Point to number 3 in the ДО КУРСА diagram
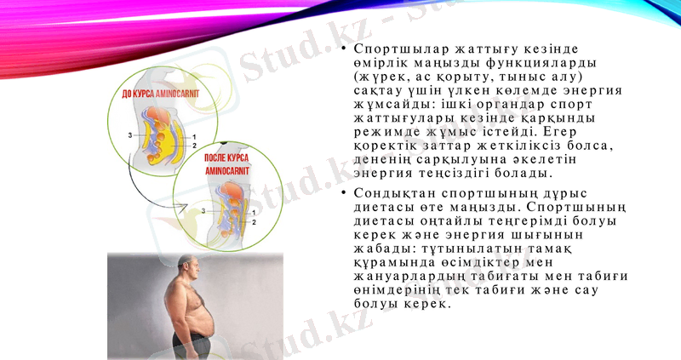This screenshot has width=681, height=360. [x=131, y=135]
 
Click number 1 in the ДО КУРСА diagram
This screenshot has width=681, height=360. [x=194, y=136]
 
